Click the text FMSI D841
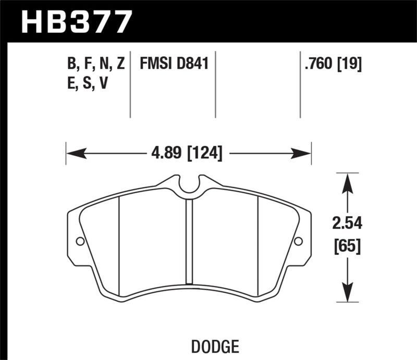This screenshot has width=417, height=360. pyautogui.click(x=174, y=65)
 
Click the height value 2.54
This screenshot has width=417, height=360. pyautogui.click(x=348, y=224)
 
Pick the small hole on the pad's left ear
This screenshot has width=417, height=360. pyautogui.click(x=80, y=241)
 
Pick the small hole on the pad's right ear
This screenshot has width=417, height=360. pyautogui.click(x=298, y=241)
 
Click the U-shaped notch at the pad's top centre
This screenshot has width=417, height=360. pyautogui.click(x=189, y=187)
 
